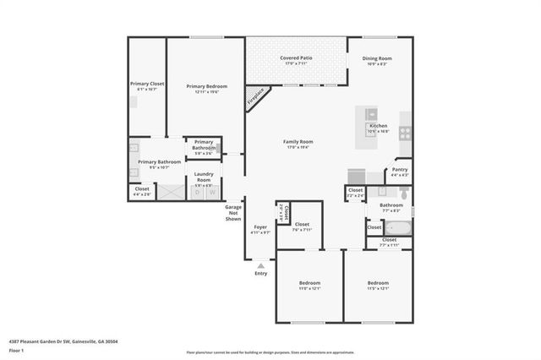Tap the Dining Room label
click(x=376, y=58)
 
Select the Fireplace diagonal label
click(x=255, y=96)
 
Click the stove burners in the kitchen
click(x=405, y=132)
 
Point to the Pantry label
click(x=399, y=170)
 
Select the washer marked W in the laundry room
click(x=212, y=193)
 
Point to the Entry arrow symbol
click(x=260, y=265)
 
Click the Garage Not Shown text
click(x=233, y=213)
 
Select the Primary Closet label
click(x=147, y=84)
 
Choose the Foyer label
click(x=261, y=226)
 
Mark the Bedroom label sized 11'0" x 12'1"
click(x=309, y=283)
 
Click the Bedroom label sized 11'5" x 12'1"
click(x=377, y=283)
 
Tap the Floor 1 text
click(x=15, y=349)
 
